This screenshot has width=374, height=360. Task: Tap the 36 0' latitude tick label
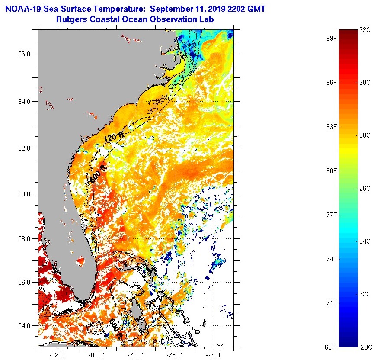click(28, 55)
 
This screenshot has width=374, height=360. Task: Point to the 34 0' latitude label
click(28, 101)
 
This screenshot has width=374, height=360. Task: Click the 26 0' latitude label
click(28, 283)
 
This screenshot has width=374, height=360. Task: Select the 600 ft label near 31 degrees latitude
click(98, 172)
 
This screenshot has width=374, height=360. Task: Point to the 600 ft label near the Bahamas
click(116, 329)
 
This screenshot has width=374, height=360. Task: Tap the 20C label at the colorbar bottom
click(365, 347)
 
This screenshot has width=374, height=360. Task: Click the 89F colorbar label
click(332, 38)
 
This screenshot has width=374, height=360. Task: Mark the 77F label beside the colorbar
click(332, 215)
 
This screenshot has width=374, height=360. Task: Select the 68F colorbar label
click(332, 347)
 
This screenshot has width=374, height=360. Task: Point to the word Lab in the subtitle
click(207, 19)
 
